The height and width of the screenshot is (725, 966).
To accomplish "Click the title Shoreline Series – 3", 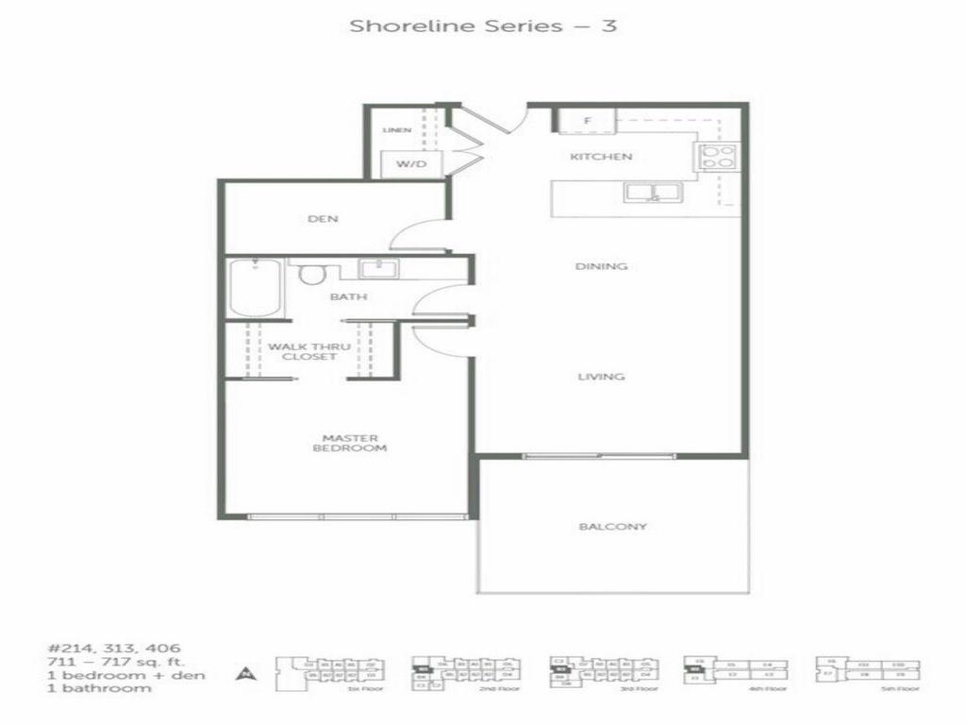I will pos(483,25).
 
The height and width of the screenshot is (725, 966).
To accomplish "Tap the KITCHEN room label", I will pos(601,157).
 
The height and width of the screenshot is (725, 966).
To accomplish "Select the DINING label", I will pos(601,266).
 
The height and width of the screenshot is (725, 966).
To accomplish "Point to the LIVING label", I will pos(601,377).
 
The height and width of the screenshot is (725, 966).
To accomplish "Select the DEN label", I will pos(323,219).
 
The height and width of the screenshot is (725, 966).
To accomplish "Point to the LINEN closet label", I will pos(397,130).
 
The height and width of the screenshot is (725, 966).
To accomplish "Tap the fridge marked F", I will pos(586,121).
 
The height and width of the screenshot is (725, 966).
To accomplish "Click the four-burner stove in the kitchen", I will pos(715,156).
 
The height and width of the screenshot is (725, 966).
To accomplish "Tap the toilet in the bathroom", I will pos(311,274).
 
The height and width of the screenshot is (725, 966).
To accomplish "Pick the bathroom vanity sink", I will pos(379,269).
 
